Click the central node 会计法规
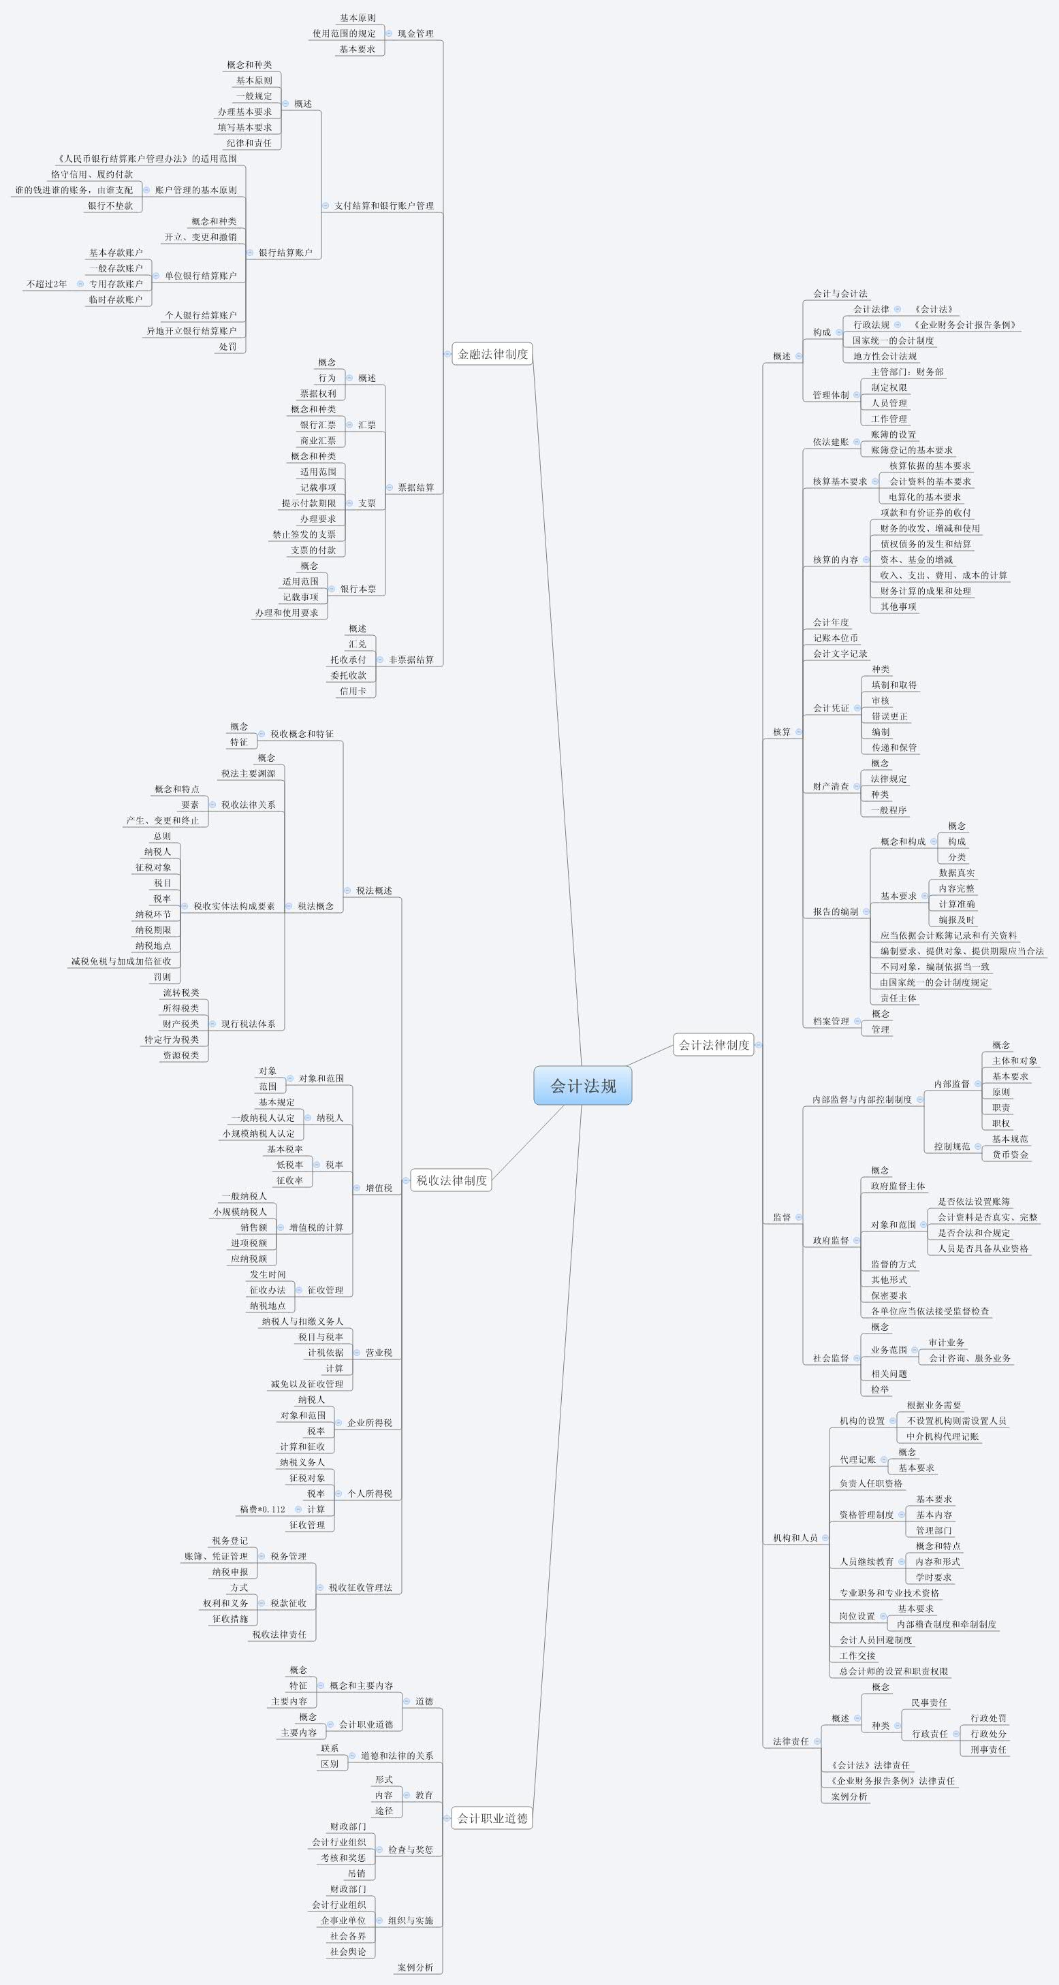click(x=583, y=1086)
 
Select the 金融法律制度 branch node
click(x=492, y=354)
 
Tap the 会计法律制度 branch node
click(x=714, y=1045)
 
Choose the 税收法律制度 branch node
click(x=452, y=1180)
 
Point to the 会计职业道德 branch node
click(x=492, y=1818)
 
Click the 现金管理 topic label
click(x=415, y=34)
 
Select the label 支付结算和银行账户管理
click(x=384, y=206)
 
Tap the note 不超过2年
click(x=47, y=284)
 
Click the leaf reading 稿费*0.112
click(x=262, y=1508)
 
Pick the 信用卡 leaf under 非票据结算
click(x=353, y=691)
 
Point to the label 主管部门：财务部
click(x=907, y=372)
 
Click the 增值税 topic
click(x=379, y=1187)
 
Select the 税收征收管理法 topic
click(x=360, y=1587)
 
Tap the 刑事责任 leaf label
click(x=988, y=1749)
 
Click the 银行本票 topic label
click(x=358, y=589)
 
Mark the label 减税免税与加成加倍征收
click(x=121, y=961)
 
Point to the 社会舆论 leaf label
click(x=347, y=1952)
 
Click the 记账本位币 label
click(x=836, y=638)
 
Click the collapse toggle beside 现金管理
click(x=390, y=34)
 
